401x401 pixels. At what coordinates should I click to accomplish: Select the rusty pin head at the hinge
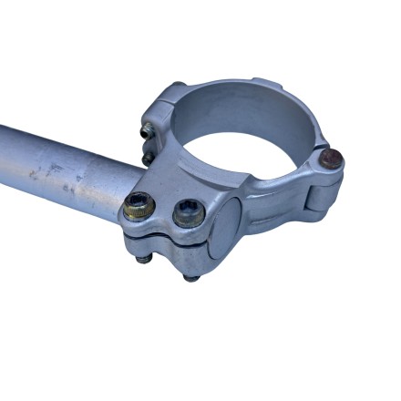[x=333, y=159]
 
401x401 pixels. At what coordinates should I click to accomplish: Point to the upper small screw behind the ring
[x=146, y=132]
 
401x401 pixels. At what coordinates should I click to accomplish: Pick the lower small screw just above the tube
[x=148, y=158]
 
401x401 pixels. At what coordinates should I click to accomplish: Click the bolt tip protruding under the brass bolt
[x=142, y=259]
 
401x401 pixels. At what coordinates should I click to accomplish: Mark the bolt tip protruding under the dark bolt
[x=190, y=275]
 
